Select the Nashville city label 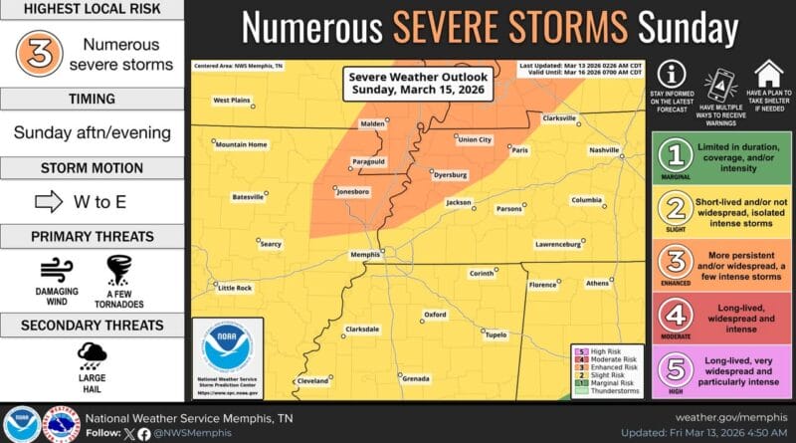point(603,150)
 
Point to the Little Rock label point(234,288)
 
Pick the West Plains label point(231,100)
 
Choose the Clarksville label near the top point(559,118)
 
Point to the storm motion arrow point(48,201)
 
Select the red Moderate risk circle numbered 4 point(677,316)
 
